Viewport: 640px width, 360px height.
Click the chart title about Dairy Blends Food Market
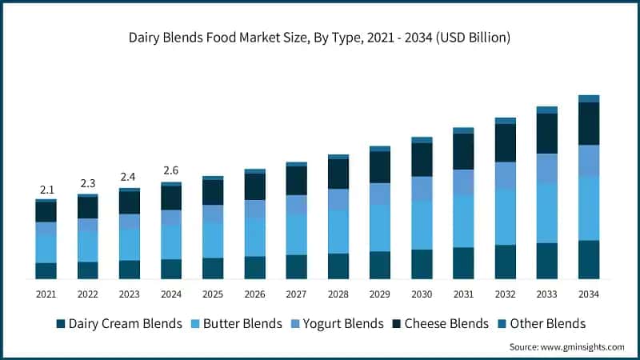(320, 38)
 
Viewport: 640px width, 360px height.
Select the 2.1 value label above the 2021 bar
(46, 190)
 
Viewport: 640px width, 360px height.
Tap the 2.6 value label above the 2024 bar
(171, 171)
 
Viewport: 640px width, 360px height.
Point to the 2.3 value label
(88, 183)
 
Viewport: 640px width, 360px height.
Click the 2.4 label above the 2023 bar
(130, 177)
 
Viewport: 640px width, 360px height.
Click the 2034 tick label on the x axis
(589, 294)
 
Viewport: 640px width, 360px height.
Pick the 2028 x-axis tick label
(338, 294)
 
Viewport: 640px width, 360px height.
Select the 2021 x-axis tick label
(46, 294)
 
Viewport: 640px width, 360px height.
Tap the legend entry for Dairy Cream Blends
(118, 323)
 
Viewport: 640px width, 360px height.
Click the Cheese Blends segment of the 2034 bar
(589, 123)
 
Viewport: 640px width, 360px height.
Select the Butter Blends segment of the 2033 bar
(547, 213)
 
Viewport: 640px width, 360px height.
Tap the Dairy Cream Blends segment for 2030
(422, 264)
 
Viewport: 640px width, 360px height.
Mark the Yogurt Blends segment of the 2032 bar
(506, 176)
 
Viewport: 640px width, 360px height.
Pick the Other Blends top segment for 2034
(589, 98)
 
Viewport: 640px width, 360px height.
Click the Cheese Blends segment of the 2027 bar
(297, 180)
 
